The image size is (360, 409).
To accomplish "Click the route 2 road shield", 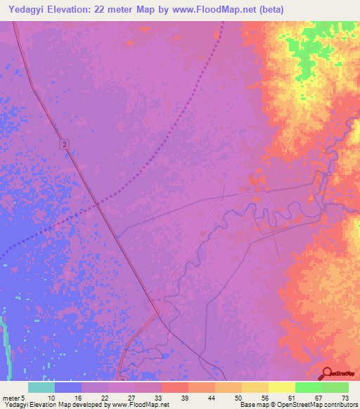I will pos(65,144).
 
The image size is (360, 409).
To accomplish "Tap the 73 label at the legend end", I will pos(345,398).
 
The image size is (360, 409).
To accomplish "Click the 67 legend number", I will pos(319,398).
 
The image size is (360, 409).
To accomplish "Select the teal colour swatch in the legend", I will pos(41,387).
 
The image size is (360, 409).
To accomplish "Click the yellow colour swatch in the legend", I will pos(281,387).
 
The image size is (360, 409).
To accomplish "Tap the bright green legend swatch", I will pos(308,387).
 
